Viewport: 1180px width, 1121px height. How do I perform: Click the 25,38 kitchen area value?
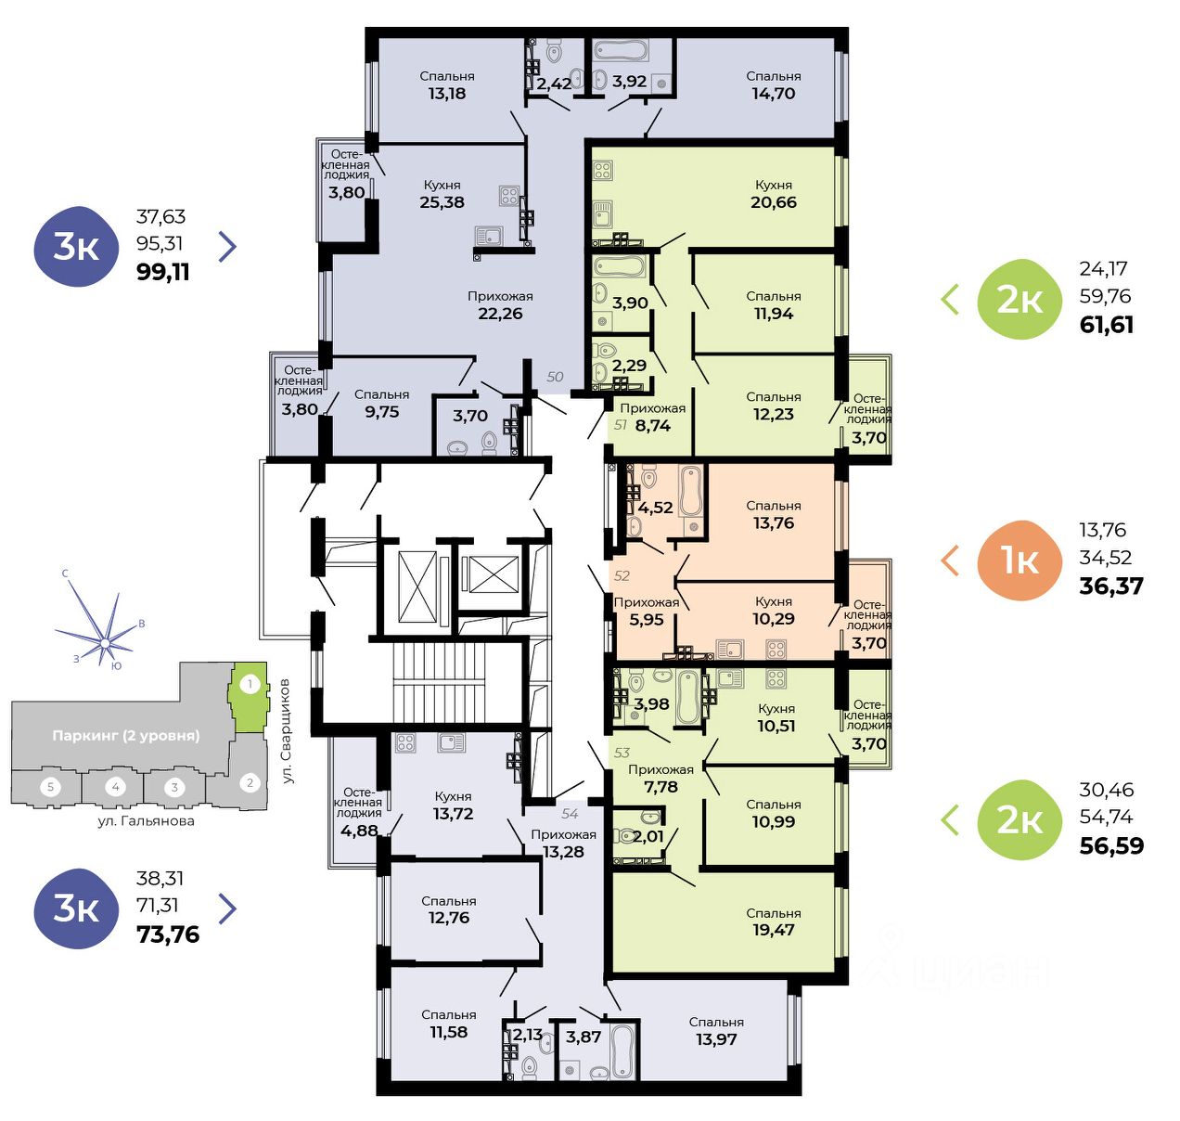point(442,202)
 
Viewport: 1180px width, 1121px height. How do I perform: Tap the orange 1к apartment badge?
point(1020,560)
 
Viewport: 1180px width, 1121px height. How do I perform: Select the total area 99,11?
point(163,272)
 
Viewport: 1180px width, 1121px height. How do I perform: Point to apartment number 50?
point(555,377)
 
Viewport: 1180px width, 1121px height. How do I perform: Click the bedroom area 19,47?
point(773,930)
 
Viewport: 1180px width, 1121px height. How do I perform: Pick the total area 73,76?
point(168,934)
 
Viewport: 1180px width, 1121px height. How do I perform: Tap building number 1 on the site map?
point(250,683)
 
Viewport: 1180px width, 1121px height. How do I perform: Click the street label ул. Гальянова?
point(146,820)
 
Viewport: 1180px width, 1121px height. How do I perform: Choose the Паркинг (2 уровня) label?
point(126,736)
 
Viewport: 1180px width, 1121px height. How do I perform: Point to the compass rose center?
point(105,644)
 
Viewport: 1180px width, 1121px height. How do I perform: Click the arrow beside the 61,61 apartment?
point(950,300)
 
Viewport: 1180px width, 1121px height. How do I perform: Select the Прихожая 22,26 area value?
point(500,314)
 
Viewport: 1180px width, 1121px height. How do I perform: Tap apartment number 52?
point(622,575)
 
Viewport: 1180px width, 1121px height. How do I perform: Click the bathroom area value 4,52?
point(655,508)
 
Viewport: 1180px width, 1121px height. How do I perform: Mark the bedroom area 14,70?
point(773,94)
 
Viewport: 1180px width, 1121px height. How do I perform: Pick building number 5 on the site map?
point(50,787)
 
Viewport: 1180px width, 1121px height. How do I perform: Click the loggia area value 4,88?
point(359,831)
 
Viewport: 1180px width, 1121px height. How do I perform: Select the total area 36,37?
point(1111,586)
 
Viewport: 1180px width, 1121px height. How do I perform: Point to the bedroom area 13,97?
point(716,1039)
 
